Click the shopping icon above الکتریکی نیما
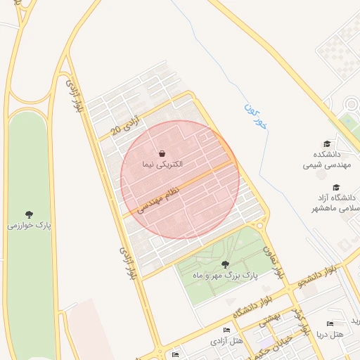(162, 153)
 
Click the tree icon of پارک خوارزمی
(29, 214)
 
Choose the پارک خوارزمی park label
(30, 226)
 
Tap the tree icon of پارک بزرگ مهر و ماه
(225, 264)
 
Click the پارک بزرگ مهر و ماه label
(226, 276)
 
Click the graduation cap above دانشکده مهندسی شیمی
(326, 143)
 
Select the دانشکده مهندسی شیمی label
(323, 160)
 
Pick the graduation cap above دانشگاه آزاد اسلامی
(336, 188)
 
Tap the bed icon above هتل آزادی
(226, 330)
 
